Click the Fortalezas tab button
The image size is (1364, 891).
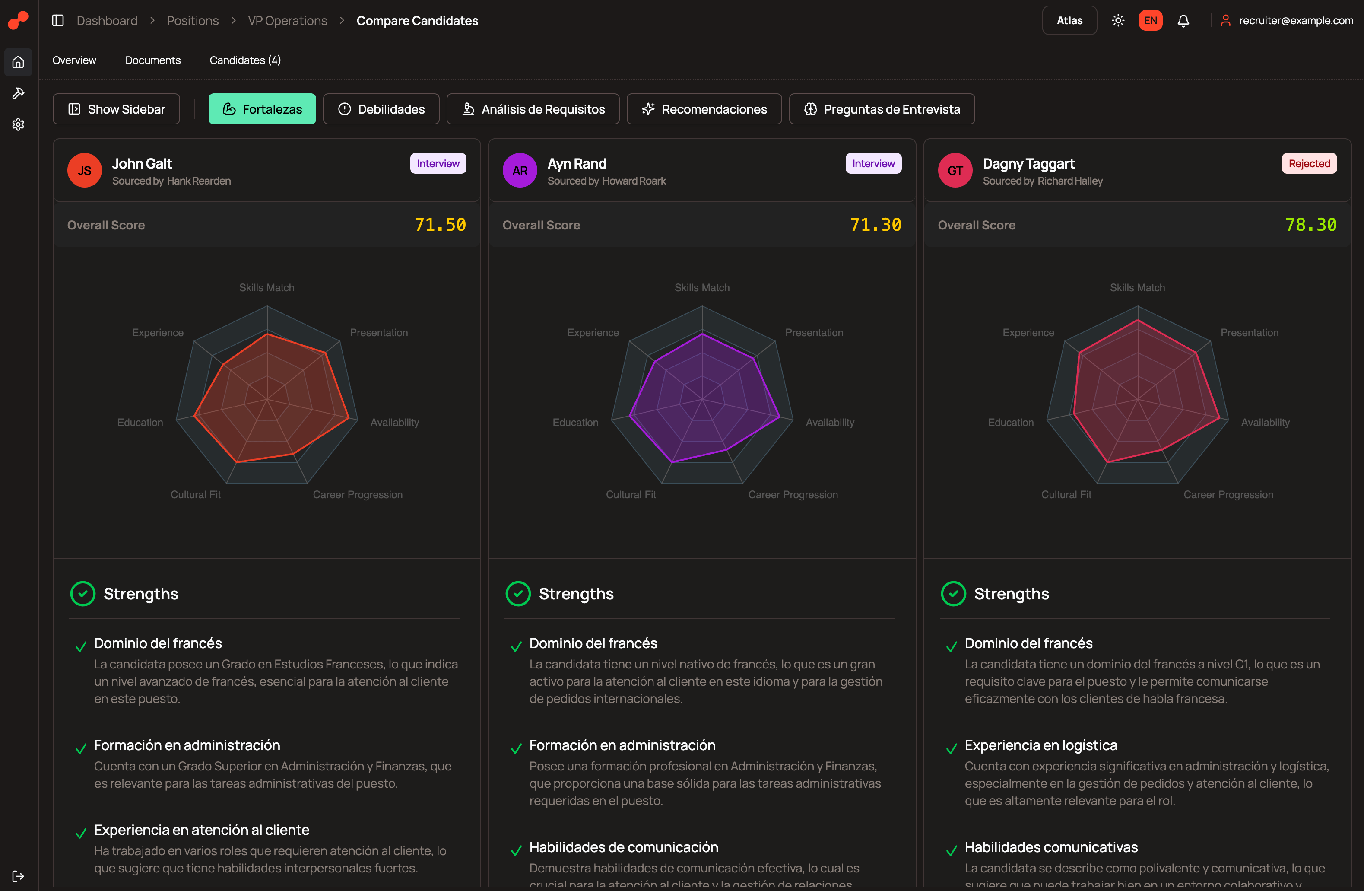(x=262, y=109)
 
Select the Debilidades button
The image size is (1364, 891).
(x=381, y=109)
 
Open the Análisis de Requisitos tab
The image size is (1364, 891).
(x=533, y=109)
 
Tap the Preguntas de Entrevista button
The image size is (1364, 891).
(x=882, y=109)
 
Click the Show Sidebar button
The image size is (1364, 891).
(x=116, y=109)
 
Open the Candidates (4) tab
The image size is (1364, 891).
(x=245, y=60)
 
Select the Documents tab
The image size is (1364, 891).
(x=152, y=60)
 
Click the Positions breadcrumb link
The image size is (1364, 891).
(x=193, y=21)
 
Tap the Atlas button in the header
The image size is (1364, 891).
(x=1069, y=21)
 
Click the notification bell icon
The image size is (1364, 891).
(x=1183, y=21)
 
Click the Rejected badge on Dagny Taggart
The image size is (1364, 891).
(x=1309, y=163)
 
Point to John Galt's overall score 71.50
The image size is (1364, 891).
(x=440, y=225)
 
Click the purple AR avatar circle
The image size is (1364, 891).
(x=519, y=170)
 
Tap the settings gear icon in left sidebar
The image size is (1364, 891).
(x=18, y=124)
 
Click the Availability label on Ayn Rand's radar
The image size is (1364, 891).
(x=829, y=423)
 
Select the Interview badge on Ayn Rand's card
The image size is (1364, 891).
(x=873, y=163)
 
